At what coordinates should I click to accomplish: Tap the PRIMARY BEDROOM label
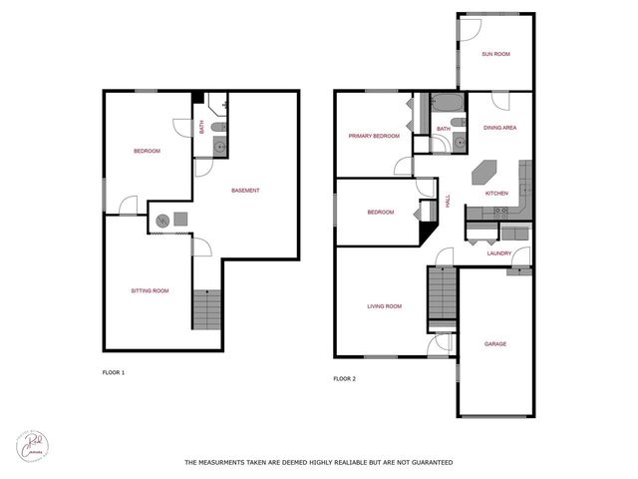pyautogui.click(x=374, y=136)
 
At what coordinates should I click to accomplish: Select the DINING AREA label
pyautogui.click(x=499, y=128)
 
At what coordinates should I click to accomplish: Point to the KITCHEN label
pyautogui.click(x=496, y=193)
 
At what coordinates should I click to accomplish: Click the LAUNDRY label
pyautogui.click(x=499, y=253)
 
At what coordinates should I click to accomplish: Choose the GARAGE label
pyautogui.click(x=495, y=343)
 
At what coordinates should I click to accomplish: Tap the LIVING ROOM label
pyautogui.click(x=384, y=306)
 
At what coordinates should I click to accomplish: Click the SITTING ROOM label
pyautogui.click(x=150, y=290)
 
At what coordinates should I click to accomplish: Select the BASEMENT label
pyautogui.click(x=245, y=191)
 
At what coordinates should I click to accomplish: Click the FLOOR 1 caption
pyautogui.click(x=114, y=372)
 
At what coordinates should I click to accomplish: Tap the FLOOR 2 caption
pyautogui.click(x=344, y=379)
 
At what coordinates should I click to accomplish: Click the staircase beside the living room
pyautogui.click(x=441, y=295)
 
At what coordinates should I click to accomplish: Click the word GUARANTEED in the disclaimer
pyautogui.click(x=424, y=463)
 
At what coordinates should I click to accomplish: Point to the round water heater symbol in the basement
pyautogui.click(x=161, y=220)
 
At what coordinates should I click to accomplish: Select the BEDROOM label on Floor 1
pyautogui.click(x=148, y=151)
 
